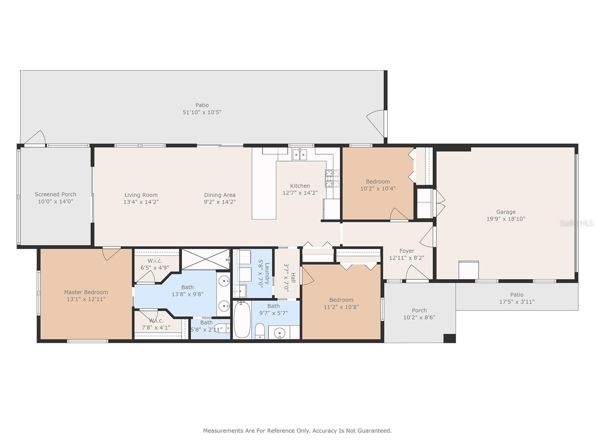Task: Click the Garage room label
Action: pos(505,212)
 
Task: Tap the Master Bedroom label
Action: pos(86,292)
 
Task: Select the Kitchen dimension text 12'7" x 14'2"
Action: pos(300,193)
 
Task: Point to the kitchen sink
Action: pos(299,155)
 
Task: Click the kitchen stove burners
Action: pos(332,178)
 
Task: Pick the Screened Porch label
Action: pos(55,194)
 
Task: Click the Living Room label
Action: pos(141,195)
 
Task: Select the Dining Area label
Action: pos(219,195)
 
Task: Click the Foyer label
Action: pos(406,251)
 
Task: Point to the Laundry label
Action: pos(267,274)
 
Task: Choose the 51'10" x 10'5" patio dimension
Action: pos(202,112)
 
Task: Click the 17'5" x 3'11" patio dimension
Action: pos(517,302)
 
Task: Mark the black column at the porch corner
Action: pos(450,339)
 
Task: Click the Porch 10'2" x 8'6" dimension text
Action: pos(419,317)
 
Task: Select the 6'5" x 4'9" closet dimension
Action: pos(155,268)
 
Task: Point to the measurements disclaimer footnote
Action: pos(297,430)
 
